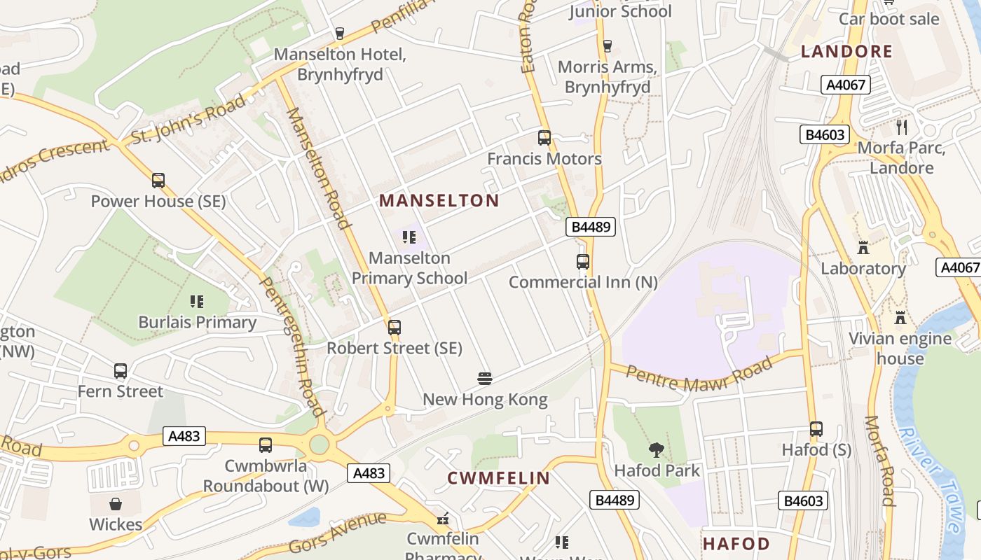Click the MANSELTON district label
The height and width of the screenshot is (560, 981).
pos(439,201)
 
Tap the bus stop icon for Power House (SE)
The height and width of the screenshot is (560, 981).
pos(158,181)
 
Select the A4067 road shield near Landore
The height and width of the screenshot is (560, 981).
pos(846,85)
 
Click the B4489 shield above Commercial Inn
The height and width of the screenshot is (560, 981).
pos(590,227)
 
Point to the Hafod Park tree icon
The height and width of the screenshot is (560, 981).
pos(657,450)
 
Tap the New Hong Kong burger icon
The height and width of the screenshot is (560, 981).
pos(485,379)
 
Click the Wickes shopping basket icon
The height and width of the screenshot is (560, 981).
pos(116,504)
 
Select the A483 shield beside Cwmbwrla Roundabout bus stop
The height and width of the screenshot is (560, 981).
pos(185,436)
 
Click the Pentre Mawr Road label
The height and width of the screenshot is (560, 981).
pos(700,372)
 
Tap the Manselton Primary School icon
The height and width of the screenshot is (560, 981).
pos(409,237)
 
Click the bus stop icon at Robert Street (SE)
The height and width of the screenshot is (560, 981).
pos(395,327)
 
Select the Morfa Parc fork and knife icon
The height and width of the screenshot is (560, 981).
pos(902,127)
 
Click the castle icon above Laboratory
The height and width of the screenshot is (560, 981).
pos(863,248)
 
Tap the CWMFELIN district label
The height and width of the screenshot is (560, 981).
pos(499,479)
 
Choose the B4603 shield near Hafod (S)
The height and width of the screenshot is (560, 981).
pos(803,500)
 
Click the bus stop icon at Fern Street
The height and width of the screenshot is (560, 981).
pos(121,371)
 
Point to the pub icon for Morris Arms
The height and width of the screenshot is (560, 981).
pos(608,46)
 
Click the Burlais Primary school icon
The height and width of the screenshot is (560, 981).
pos(197,302)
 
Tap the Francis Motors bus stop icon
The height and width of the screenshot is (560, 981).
pos(544,138)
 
